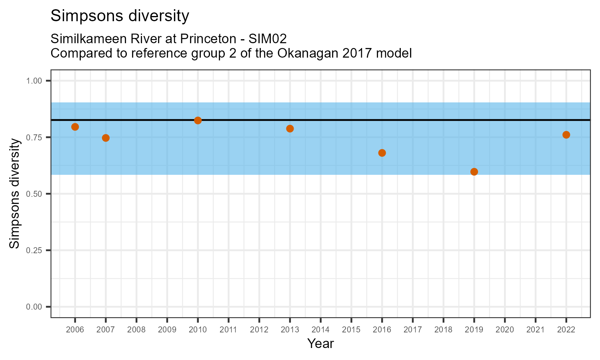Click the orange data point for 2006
[x=75, y=127]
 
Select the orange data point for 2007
[x=106, y=138]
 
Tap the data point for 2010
[x=198, y=120]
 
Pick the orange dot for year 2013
[x=290, y=128]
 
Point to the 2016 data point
[x=382, y=153]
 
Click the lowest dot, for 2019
[x=474, y=172]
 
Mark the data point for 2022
[x=566, y=135]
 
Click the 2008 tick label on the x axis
[x=136, y=330]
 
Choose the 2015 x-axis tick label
[x=351, y=330]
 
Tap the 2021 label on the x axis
[x=535, y=330]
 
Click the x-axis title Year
[x=320, y=344]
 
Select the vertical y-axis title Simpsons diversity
[x=15, y=194]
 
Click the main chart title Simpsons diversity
[x=120, y=16]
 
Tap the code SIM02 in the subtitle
[x=268, y=39]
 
